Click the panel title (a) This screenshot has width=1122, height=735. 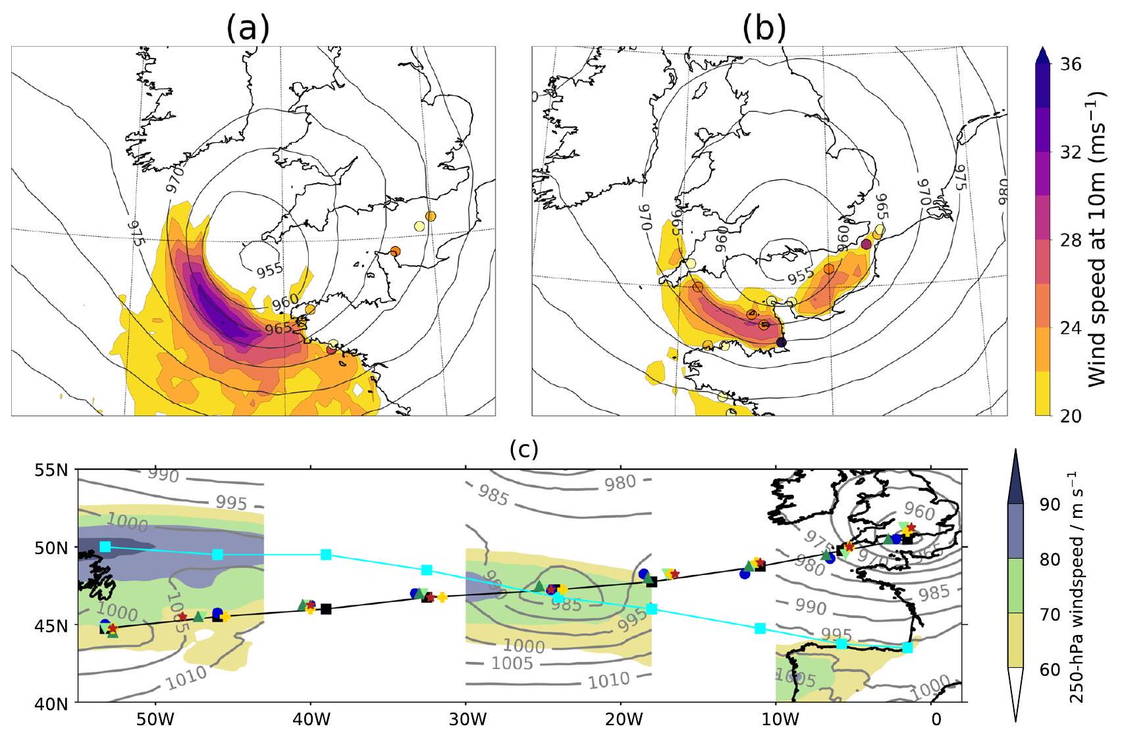click(x=248, y=29)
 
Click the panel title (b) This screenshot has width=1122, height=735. click(x=764, y=29)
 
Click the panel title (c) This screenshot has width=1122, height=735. click(x=524, y=449)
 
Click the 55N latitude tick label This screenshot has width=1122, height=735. click(x=53, y=470)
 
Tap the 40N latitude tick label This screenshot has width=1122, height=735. click(x=53, y=704)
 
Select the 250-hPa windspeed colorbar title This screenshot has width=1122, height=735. click(x=1076, y=587)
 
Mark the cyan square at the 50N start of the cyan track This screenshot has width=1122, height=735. click(x=105, y=547)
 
